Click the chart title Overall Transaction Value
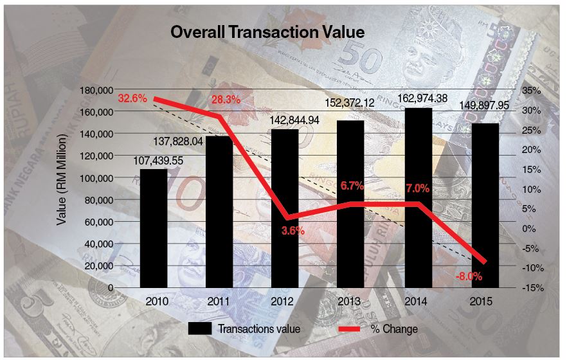[x=267, y=32]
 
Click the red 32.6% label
[x=132, y=98]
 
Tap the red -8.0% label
[x=469, y=276]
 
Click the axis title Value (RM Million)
[x=62, y=180]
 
